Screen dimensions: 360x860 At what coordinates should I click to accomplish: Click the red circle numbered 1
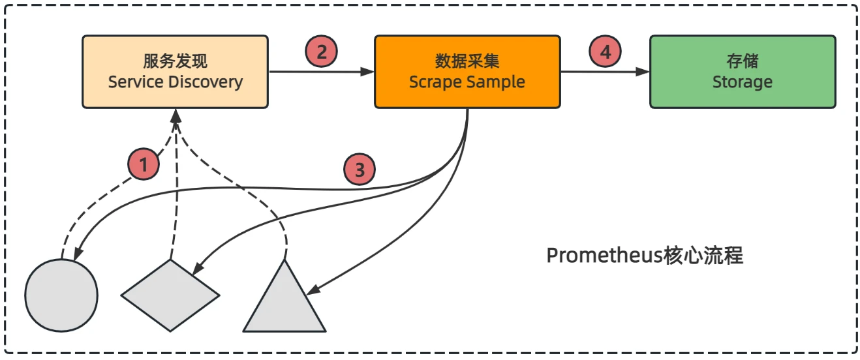click(x=144, y=164)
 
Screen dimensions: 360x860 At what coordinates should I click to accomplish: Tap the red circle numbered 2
click(x=321, y=52)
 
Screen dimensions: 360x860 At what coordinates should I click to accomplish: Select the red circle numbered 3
click(x=360, y=171)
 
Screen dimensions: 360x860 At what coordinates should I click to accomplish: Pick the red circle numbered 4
click(x=606, y=52)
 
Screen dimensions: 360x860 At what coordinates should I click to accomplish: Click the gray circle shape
click(x=61, y=294)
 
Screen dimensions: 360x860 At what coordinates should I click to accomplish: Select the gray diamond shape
click(x=170, y=295)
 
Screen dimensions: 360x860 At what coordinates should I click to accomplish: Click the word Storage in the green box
click(x=742, y=82)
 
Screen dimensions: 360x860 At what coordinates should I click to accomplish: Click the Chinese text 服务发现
click(x=175, y=62)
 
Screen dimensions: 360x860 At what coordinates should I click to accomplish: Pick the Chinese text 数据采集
click(x=467, y=62)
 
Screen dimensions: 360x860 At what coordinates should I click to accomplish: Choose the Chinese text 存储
click(x=743, y=62)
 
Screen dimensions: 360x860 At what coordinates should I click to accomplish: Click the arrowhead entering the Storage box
click(x=644, y=72)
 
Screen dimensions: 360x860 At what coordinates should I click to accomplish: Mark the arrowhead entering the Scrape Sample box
click(x=369, y=72)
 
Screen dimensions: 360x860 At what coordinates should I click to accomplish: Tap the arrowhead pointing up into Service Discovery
click(x=175, y=115)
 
